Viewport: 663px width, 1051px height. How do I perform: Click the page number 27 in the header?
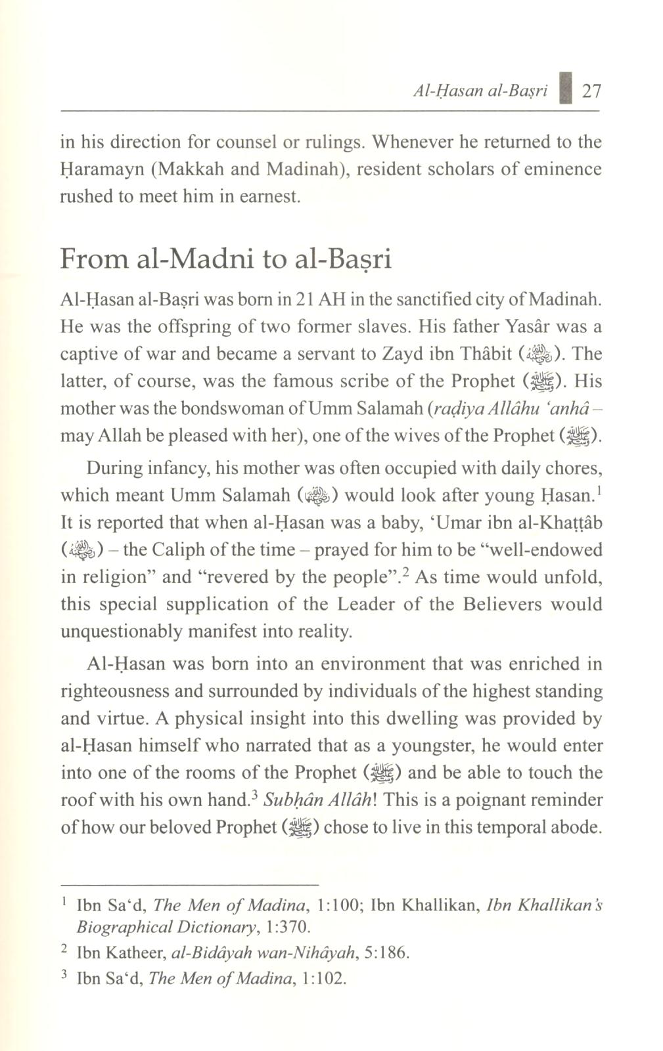coord(592,91)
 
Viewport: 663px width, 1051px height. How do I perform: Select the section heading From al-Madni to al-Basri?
coord(225,259)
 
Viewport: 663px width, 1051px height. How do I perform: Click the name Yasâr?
coord(532,326)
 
